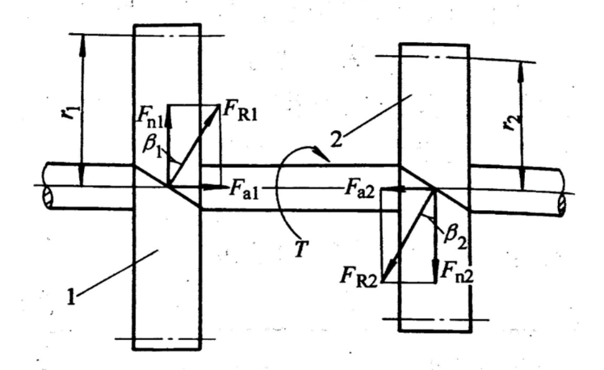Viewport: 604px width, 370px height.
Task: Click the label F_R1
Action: [240, 111]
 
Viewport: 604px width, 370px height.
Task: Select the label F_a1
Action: [244, 189]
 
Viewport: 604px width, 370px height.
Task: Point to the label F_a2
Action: [359, 189]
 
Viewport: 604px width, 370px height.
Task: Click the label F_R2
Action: [359, 277]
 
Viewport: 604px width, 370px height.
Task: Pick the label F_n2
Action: [457, 271]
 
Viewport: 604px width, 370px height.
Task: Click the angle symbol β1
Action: [152, 146]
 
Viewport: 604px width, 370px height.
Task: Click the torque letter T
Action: [300, 249]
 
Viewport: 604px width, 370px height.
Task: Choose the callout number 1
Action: [70, 297]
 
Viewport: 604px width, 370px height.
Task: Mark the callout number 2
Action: [336, 140]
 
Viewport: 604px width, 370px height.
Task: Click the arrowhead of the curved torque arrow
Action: [322, 153]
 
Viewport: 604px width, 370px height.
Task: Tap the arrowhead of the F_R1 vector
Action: [212, 112]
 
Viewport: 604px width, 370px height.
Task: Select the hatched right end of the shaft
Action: [562, 204]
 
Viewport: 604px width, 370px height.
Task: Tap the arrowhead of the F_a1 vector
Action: [216, 187]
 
